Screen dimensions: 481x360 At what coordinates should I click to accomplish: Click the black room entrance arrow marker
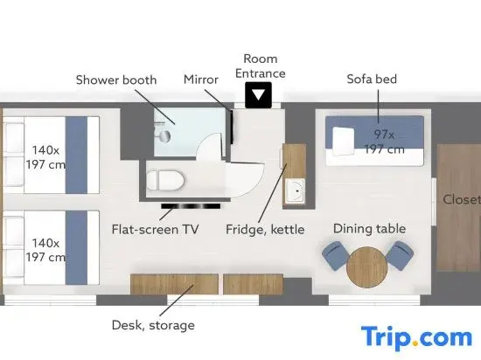[x=258, y=95]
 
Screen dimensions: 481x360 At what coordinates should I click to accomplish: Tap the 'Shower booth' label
[x=116, y=80]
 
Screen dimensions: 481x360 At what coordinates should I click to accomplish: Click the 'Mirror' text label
[x=201, y=80]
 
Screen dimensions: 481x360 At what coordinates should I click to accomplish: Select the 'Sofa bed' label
[x=372, y=79]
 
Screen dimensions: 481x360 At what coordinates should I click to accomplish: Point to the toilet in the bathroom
[x=165, y=180]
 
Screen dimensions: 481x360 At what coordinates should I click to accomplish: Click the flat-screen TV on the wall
[x=191, y=206]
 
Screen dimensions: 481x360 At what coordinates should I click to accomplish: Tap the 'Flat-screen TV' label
[x=155, y=230]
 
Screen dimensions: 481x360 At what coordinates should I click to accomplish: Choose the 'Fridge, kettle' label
[x=265, y=230]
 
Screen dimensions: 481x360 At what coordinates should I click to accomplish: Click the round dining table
[x=367, y=267]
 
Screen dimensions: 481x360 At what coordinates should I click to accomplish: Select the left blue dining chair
[x=335, y=255]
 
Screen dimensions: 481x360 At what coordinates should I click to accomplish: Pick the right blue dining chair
[x=400, y=255]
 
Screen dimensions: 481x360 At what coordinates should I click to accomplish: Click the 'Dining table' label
[x=369, y=229]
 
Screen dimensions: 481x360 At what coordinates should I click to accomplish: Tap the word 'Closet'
[x=462, y=199]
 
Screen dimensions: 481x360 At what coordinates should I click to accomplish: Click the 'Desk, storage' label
[x=153, y=325]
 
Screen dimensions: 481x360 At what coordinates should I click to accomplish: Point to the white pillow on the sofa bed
[x=344, y=141]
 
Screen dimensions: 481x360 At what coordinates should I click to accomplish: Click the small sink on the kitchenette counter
[x=295, y=190]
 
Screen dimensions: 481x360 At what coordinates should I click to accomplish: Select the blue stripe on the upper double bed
[x=76, y=155]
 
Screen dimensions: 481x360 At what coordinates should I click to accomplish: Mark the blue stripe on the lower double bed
[x=76, y=247]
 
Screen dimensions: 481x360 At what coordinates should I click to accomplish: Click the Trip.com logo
[x=416, y=338]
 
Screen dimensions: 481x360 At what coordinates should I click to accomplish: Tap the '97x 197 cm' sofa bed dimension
[x=385, y=142]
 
